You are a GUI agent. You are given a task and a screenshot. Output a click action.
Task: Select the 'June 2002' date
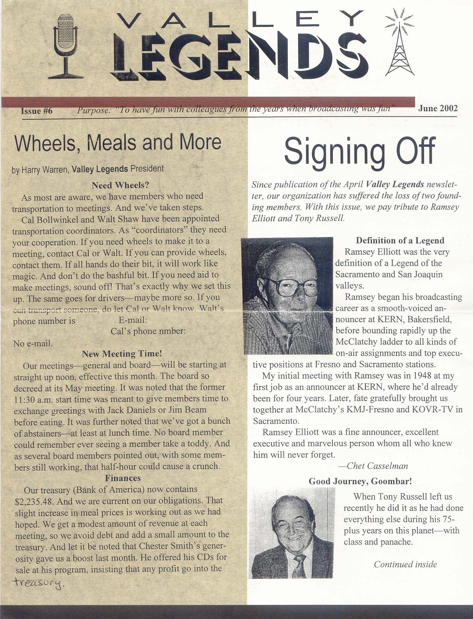[438, 108]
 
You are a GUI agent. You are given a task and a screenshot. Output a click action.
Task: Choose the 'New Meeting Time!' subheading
[122, 354]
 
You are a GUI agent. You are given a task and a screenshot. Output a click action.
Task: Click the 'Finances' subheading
[123, 478]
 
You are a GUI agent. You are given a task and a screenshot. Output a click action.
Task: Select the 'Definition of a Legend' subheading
[400, 241]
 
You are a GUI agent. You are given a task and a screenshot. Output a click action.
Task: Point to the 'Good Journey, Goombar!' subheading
[360, 481]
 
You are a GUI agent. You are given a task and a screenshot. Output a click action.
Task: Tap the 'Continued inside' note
[405, 564]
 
